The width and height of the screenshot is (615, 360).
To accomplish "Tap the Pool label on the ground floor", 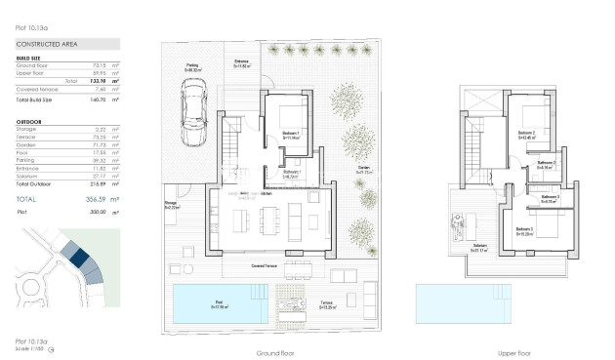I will tap(218, 304).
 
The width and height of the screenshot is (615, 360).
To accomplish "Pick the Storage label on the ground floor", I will tap(171, 205).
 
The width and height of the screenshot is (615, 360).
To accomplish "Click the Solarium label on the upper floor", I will tap(479, 247).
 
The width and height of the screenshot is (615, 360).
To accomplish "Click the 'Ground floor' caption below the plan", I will tap(274, 352).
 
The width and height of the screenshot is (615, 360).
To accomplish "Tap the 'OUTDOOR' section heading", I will tap(29, 122).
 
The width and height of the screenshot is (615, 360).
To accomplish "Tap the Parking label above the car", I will tap(191, 67).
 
